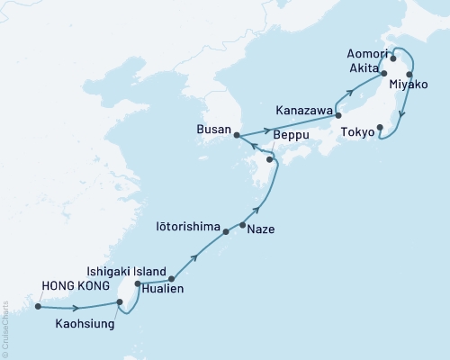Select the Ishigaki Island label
tap(124, 269)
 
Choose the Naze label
tap(261, 229)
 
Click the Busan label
tap(213, 129)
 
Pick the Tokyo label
tap(357, 132)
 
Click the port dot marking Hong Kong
tap(38, 306)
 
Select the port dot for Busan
tap(236, 136)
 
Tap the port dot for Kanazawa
tap(337, 115)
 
